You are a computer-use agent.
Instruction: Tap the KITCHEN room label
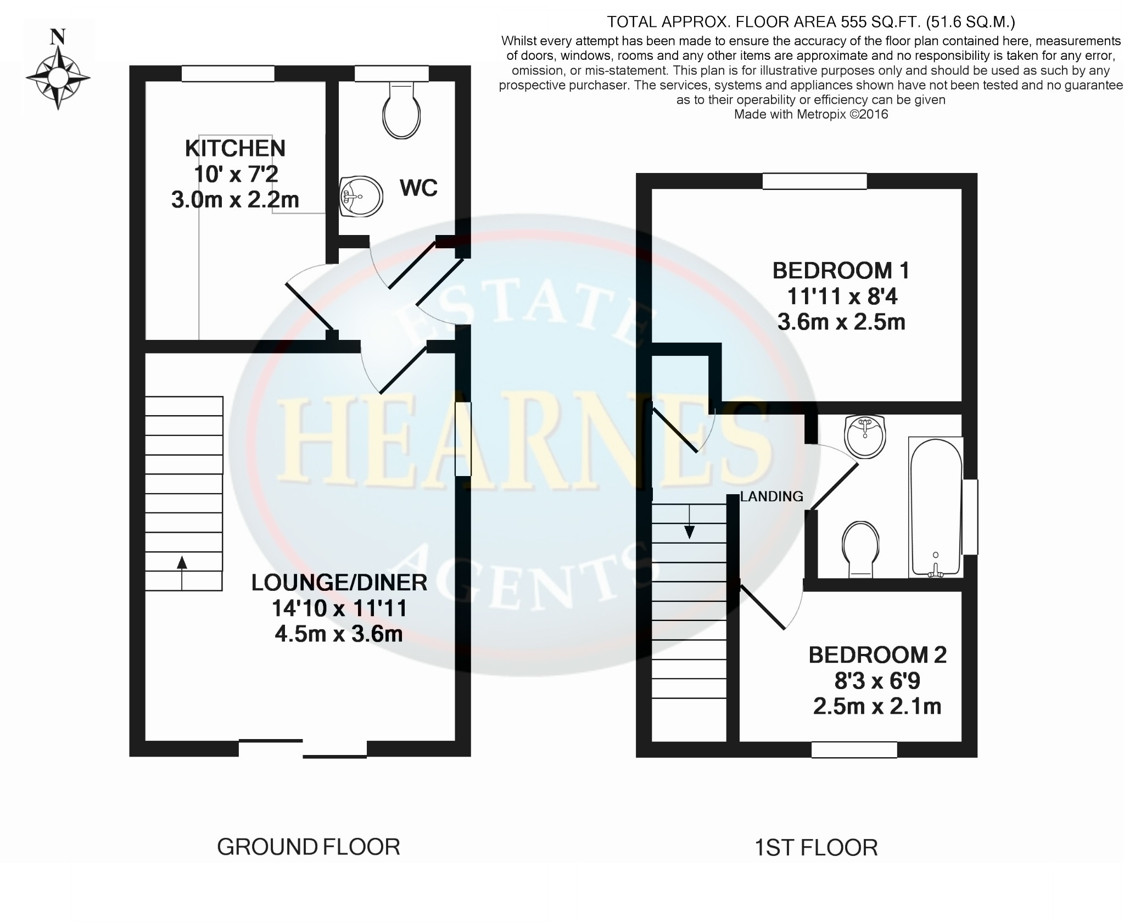pos(235,148)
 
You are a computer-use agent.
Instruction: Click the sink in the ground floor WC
pos(360,196)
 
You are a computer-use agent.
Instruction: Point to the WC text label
pos(418,188)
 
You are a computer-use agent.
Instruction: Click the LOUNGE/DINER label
pos(339,583)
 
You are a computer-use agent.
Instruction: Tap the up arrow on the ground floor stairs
pos(182,573)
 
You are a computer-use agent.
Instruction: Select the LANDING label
pos(771,496)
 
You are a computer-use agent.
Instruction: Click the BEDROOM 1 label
pos(841,271)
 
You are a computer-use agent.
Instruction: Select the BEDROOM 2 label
pos(877,655)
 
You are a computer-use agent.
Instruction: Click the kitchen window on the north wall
pos(228,74)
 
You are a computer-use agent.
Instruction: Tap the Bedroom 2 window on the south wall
pos(854,750)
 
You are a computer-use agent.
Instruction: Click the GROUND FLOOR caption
pos(309,847)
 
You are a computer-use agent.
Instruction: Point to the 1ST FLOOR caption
pos(817,848)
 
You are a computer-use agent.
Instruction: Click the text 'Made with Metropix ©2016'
pos(811,114)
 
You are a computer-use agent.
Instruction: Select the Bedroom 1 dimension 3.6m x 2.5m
pos(841,322)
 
